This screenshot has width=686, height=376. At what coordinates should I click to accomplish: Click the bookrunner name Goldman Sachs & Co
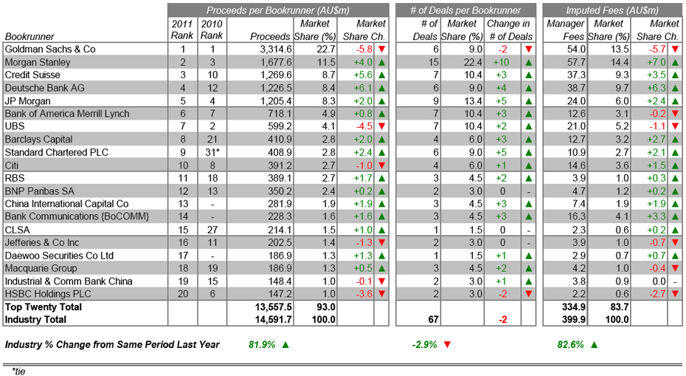point(50,49)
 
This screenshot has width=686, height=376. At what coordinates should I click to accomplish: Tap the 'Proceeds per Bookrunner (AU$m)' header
point(278,10)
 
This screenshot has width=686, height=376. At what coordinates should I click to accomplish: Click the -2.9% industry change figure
point(427,344)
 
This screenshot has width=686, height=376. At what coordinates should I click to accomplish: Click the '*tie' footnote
point(18,371)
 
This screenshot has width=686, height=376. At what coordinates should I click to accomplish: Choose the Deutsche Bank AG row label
point(44,88)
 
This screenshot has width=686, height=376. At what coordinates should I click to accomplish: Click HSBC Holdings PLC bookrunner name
point(47,294)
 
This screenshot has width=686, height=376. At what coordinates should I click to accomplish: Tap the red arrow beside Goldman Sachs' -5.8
point(381,49)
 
